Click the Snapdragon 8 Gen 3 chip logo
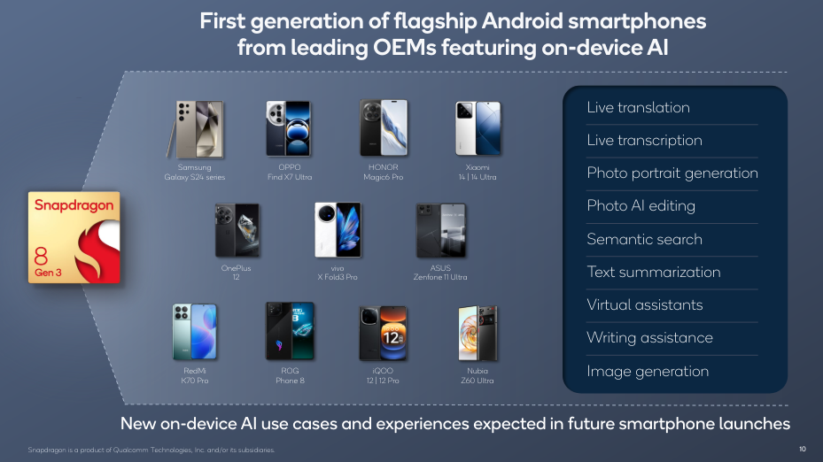coord(74,237)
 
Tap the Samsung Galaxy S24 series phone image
coord(195,129)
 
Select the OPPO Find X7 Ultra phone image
coord(288,128)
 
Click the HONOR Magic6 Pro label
coord(384,172)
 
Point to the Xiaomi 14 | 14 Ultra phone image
coord(477,128)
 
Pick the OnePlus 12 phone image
coord(237,230)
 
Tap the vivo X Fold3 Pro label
coord(337,273)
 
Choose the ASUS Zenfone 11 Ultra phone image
coord(440,230)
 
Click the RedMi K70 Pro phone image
coord(194,331)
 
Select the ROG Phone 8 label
coord(290,375)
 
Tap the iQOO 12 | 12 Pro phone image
coord(383,333)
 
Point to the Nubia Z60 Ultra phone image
coord(477,333)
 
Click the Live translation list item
coord(638,107)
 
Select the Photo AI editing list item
coord(641,205)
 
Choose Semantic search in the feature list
coord(645,239)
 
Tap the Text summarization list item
coord(654,272)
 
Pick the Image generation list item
coord(648,371)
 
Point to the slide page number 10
coord(802,449)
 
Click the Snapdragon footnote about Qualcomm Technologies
coord(151,450)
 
